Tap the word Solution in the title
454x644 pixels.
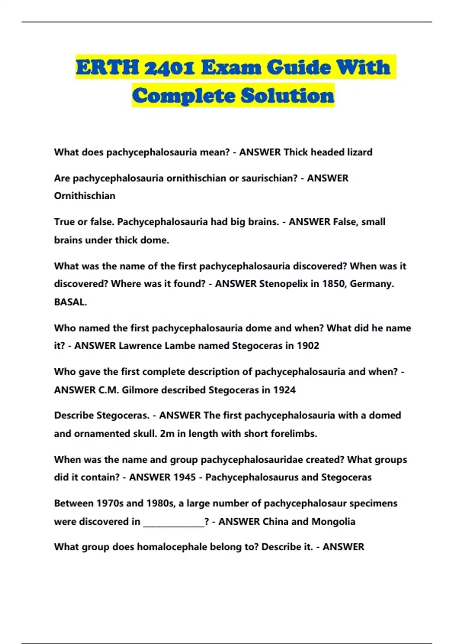288,95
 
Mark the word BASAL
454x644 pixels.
70,302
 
